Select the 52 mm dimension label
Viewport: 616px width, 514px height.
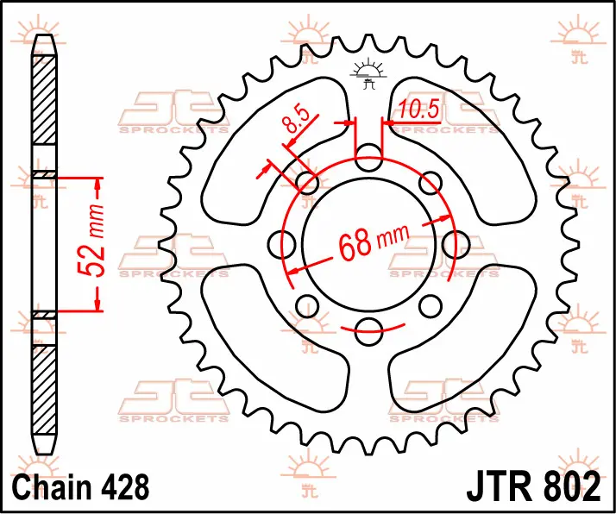click(91, 241)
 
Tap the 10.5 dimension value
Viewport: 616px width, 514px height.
click(418, 109)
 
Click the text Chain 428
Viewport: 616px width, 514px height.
click(80, 487)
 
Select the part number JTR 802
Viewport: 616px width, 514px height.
click(533, 487)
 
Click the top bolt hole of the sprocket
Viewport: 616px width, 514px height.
click(368, 158)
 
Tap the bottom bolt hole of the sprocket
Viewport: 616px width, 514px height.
click(368, 330)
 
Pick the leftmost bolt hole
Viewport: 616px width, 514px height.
click(282, 244)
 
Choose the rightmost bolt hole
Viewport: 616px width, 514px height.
click(456, 244)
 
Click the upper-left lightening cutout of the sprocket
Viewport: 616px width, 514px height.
click(275, 151)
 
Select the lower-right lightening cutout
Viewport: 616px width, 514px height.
click(462, 338)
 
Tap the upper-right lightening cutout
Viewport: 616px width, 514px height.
click(462, 151)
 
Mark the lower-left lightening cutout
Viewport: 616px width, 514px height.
click(275, 338)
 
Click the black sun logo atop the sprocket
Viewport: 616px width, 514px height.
click(368, 73)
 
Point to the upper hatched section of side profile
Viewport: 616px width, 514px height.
click(44, 99)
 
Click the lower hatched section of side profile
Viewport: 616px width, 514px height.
click(44, 390)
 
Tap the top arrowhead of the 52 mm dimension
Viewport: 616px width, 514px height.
click(97, 185)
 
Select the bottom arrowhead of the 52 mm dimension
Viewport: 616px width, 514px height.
click(97, 304)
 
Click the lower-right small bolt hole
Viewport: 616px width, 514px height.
click(431, 307)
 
